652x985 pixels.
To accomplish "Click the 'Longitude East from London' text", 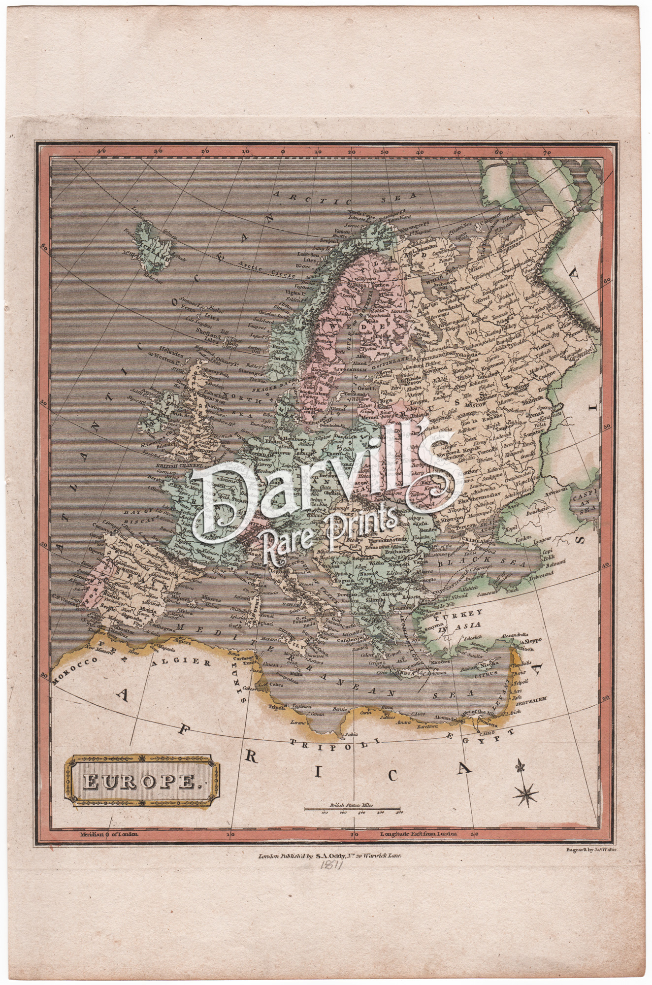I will pyautogui.click(x=419, y=834).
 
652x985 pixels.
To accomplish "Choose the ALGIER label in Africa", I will pyautogui.click(x=189, y=662).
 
